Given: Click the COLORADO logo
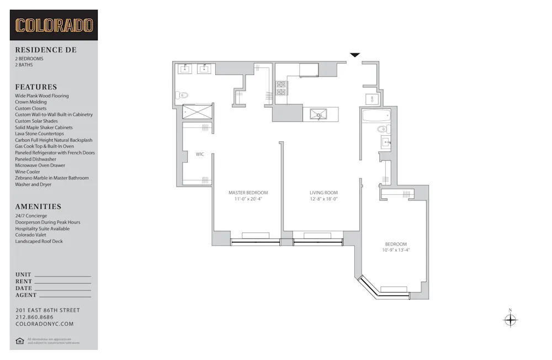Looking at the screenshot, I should pyautogui.click(x=54, y=25).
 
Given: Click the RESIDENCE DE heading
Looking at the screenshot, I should pyautogui.click(x=46, y=50).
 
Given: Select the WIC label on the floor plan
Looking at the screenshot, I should pyautogui.click(x=200, y=154).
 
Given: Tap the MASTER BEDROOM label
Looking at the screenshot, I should pyautogui.click(x=248, y=193).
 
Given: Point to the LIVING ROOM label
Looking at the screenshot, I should pyautogui.click(x=323, y=193).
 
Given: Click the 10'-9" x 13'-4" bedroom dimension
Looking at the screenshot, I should pyautogui.click(x=396, y=250).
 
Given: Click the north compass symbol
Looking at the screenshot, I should pyautogui.click(x=510, y=320).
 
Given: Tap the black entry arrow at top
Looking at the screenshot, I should pyautogui.click(x=355, y=55).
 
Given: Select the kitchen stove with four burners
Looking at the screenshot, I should pyautogui.click(x=282, y=88).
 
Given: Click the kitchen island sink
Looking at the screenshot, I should pyautogui.click(x=318, y=114).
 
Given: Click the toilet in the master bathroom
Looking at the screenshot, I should pyautogui.click(x=182, y=95).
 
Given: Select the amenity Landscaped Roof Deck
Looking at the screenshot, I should pyautogui.click(x=39, y=241).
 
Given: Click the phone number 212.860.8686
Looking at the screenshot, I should pyautogui.click(x=35, y=317).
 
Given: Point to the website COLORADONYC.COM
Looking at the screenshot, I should pyautogui.click(x=44, y=324).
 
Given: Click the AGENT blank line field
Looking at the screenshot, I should pyautogui.click(x=62, y=296).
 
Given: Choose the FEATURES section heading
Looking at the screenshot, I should pyautogui.click(x=36, y=87).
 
